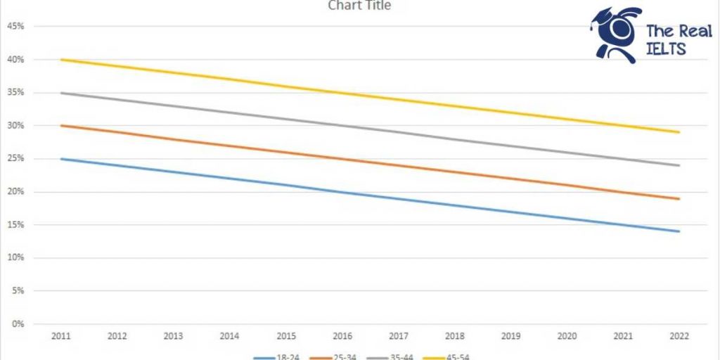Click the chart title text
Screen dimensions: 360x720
tap(359, 6)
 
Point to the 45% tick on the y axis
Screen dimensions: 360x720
tap(15, 27)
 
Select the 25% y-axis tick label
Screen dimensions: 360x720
tap(15, 159)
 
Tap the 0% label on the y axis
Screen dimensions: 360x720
tap(18, 324)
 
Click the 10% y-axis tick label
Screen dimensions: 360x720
tap(15, 258)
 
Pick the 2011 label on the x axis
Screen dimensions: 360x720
tap(61, 337)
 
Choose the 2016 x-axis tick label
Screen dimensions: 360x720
tap(342, 337)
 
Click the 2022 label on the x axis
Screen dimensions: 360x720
tap(679, 337)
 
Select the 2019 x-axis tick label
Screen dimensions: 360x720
tap(510, 337)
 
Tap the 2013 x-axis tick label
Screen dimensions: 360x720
tap(174, 337)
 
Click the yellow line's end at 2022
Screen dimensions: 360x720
tap(679, 132)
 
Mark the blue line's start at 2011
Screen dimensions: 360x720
tap(61, 159)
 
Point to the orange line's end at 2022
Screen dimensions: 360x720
tap(679, 199)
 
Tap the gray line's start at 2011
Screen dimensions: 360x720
tap(61, 93)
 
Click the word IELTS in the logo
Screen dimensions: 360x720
tap(665, 49)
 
